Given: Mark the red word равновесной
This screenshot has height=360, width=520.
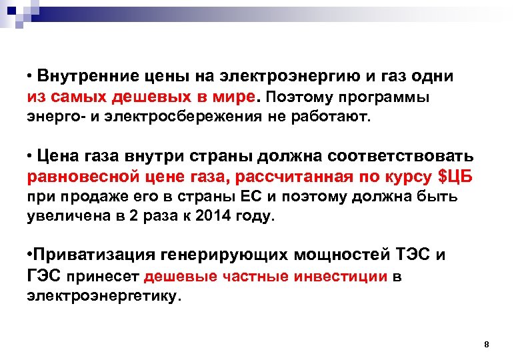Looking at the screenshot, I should tap(77, 178).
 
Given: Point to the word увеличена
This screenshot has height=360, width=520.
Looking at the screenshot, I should tap(65, 217).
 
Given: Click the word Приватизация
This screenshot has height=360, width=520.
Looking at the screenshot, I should tap(94, 255).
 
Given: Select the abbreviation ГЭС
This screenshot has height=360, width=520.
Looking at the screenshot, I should tap(43, 276).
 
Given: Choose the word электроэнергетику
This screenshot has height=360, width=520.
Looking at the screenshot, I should tap(103, 296).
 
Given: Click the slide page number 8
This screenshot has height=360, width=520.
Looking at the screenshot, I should tap(486, 345).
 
